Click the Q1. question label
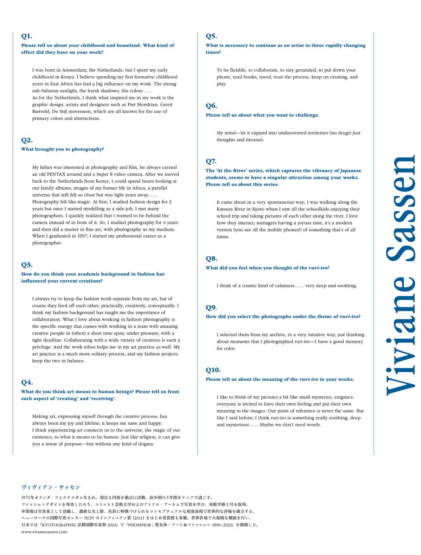coord(26,36)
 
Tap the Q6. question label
coord(211,106)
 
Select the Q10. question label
coord(213,370)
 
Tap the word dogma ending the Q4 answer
coord(147,444)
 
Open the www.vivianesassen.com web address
coord(44,532)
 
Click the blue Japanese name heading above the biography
coord(50,487)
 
